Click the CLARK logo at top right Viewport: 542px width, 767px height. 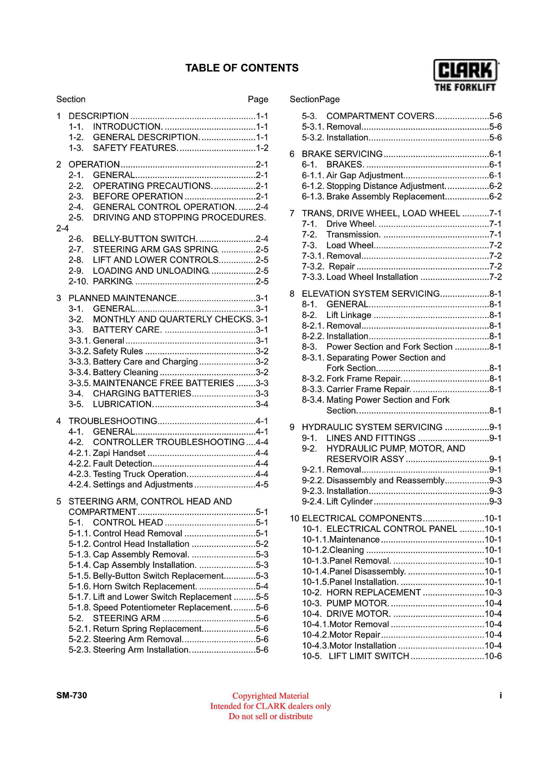465,75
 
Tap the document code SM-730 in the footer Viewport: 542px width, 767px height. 71,695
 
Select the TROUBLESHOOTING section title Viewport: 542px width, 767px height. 113,421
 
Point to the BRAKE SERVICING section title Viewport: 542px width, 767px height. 342,154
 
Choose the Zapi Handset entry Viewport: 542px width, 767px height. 119,453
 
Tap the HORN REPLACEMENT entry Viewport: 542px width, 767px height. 373,592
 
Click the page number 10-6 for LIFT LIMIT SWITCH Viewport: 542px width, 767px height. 493,656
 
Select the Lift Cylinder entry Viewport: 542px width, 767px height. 349,501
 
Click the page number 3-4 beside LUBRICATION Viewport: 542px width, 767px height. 262,404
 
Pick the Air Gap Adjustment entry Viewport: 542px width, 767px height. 365,175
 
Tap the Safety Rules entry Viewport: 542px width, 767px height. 118,351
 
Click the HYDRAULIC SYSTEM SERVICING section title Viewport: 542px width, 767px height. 372,427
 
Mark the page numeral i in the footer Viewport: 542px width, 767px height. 500,695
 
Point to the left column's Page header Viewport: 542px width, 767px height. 258,99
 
